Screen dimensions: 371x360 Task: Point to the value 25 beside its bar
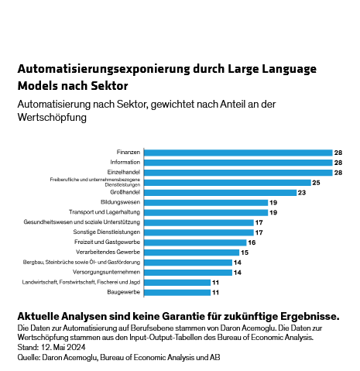coord(316,182)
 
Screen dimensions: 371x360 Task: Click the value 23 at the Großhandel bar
coord(303,192)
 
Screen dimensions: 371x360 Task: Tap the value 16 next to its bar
coord(252,242)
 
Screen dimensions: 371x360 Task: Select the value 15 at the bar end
coord(245,252)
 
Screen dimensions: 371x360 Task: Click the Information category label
coord(125,162)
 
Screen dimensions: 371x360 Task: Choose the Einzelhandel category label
coord(123,172)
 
